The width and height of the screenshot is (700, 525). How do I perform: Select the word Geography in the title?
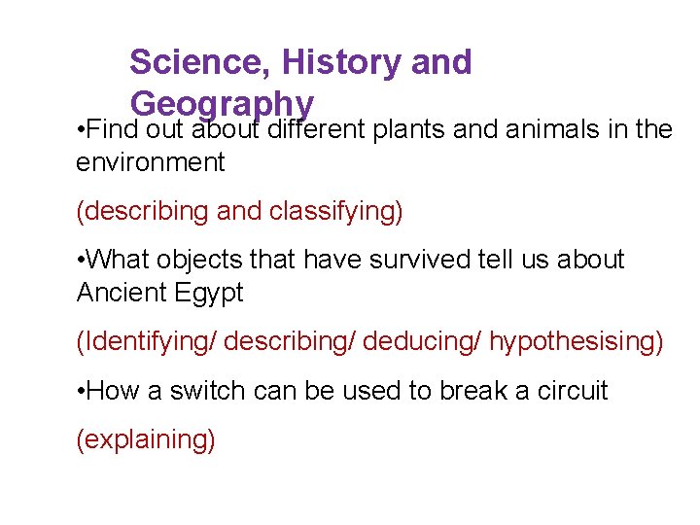222,104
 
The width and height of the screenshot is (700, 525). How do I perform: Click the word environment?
150,162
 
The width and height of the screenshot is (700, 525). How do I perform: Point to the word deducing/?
428,341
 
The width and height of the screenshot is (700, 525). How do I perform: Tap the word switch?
207,390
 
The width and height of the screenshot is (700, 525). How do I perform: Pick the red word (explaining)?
146,439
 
